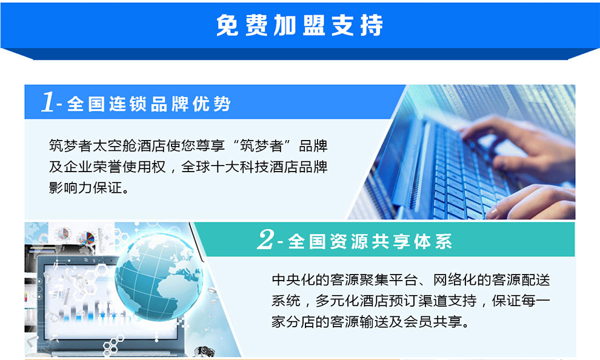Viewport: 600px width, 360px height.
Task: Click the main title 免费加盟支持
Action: (x=299, y=25)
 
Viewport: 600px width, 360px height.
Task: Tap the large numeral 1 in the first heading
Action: (x=48, y=102)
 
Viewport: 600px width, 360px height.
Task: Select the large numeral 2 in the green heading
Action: (x=266, y=239)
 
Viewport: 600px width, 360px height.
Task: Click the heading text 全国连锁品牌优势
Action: (x=149, y=104)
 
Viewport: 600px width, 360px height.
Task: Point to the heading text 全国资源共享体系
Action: (x=370, y=242)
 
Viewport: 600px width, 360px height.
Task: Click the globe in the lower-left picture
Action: (x=159, y=276)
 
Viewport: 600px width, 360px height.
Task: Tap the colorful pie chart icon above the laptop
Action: (x=87, y=239)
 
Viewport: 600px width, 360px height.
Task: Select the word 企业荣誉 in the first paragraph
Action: (x=93, y=167)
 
